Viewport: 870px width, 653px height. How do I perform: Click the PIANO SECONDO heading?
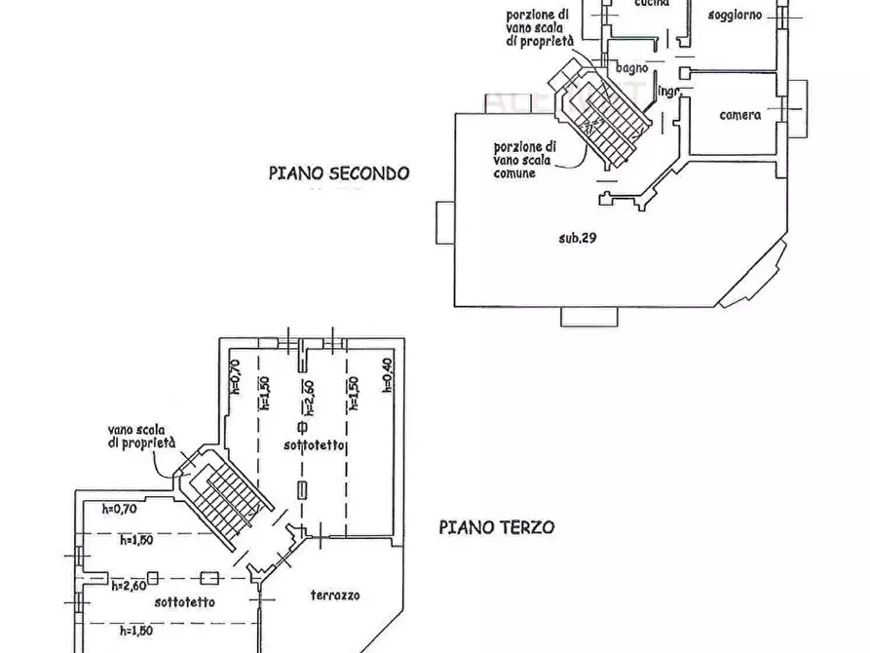[339, 173]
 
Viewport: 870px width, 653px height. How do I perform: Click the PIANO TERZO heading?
[496, 527]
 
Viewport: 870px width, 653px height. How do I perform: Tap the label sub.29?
[578, 237]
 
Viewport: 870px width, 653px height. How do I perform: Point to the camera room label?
[740, 115]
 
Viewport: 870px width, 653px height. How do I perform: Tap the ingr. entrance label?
[668, 92]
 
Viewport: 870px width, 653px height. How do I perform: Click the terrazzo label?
[336, 595]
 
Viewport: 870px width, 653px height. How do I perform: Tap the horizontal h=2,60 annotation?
[128, 585]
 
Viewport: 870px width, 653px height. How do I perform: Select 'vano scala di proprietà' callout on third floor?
[142, 435]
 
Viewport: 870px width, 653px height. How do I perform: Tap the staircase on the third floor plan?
[223, 493]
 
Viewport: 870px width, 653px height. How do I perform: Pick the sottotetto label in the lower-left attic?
[184, 601]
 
